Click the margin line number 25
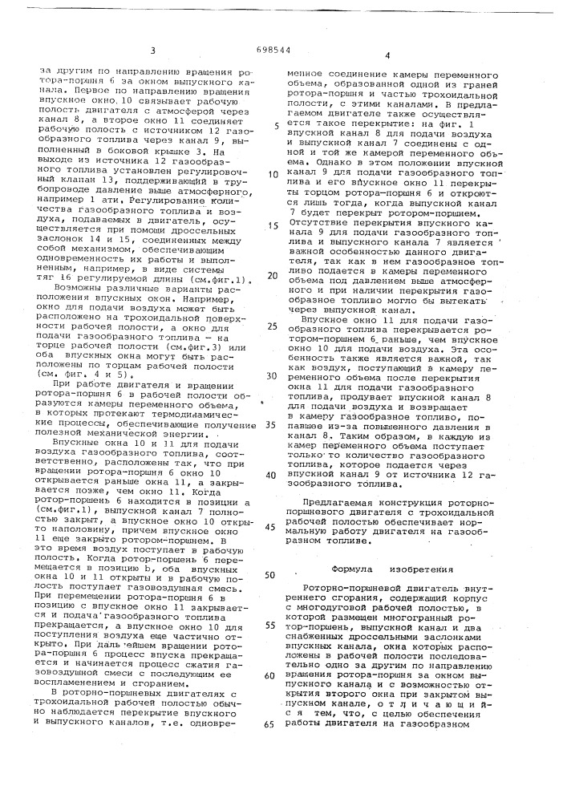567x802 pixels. pos(273,326)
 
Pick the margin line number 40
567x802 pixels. pos(273,475)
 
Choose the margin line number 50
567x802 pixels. pos(270,575)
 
